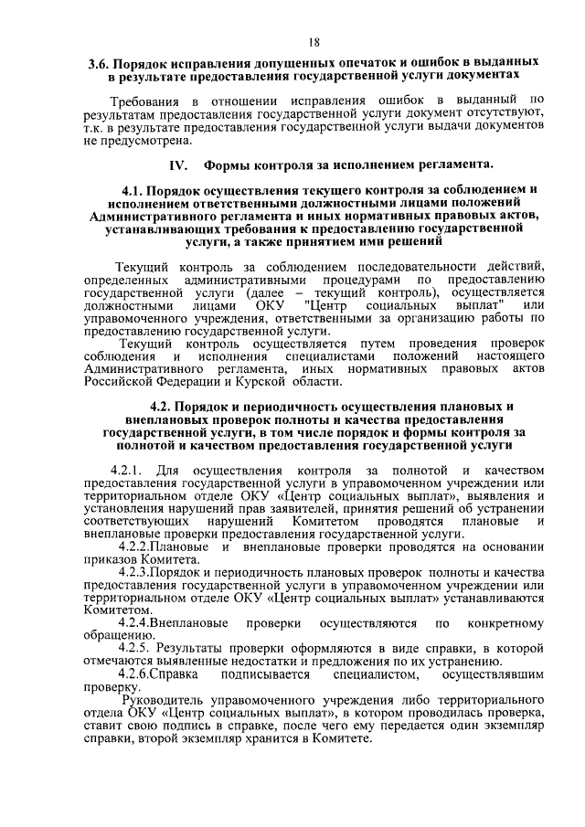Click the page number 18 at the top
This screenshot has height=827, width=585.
314,42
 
